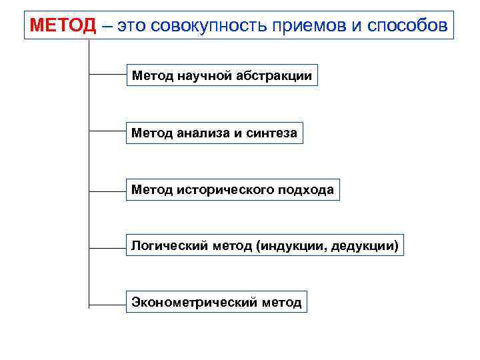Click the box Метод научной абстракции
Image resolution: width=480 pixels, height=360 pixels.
[x=221, y=76]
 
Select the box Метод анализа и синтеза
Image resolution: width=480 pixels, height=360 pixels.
[x=214, y=133]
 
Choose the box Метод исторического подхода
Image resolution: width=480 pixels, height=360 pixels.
[x=233, y=190]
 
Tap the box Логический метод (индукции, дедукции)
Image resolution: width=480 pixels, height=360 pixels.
[x=265, y=247]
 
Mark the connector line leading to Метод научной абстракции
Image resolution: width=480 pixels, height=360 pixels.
[x=107, y=75]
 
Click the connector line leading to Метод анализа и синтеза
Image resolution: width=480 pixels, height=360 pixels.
[x=107, y=132]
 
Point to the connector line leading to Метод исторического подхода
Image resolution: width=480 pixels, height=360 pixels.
[x=107, y=190]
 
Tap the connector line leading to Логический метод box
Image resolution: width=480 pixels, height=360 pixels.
[x=107, y=248]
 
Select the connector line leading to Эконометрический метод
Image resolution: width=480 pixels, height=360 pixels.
[x=107, y=305]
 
